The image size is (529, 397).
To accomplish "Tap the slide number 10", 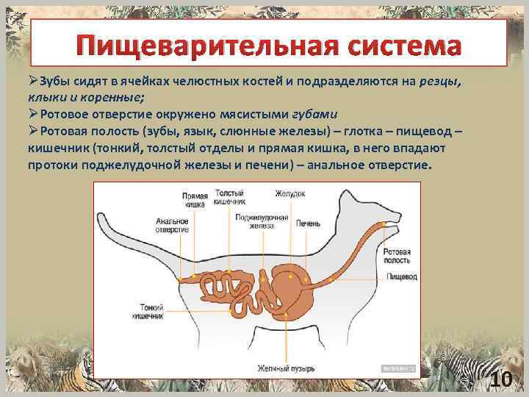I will pyautogui.click(x=501, y=379).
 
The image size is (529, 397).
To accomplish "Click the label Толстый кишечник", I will pyautogui.click(x=230, y=197).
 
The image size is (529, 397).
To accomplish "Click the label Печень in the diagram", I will pyautogui.click(x=307, y=223).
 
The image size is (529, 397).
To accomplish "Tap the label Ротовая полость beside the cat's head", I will pyautogui.click(x=397, y=257).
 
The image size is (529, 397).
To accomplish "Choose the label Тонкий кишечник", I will pyautogui.click(x=147, y=310).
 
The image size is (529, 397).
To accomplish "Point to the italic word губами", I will pyautogui.click(x=317, y=115).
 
